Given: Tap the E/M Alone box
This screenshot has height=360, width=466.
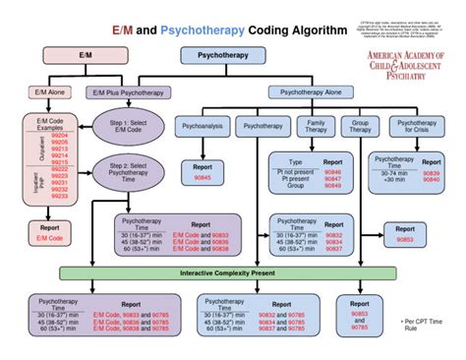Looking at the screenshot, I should point(50,92).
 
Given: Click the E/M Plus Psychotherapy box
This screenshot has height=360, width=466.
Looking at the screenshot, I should point(128,92).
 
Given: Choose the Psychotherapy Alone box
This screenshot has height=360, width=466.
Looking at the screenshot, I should point(310,92).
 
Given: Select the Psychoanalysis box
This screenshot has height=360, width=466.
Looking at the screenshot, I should point(202,127).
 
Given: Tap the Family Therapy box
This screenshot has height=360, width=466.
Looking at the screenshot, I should point(312,127).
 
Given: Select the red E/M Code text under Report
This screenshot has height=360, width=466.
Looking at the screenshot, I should point(49,238).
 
